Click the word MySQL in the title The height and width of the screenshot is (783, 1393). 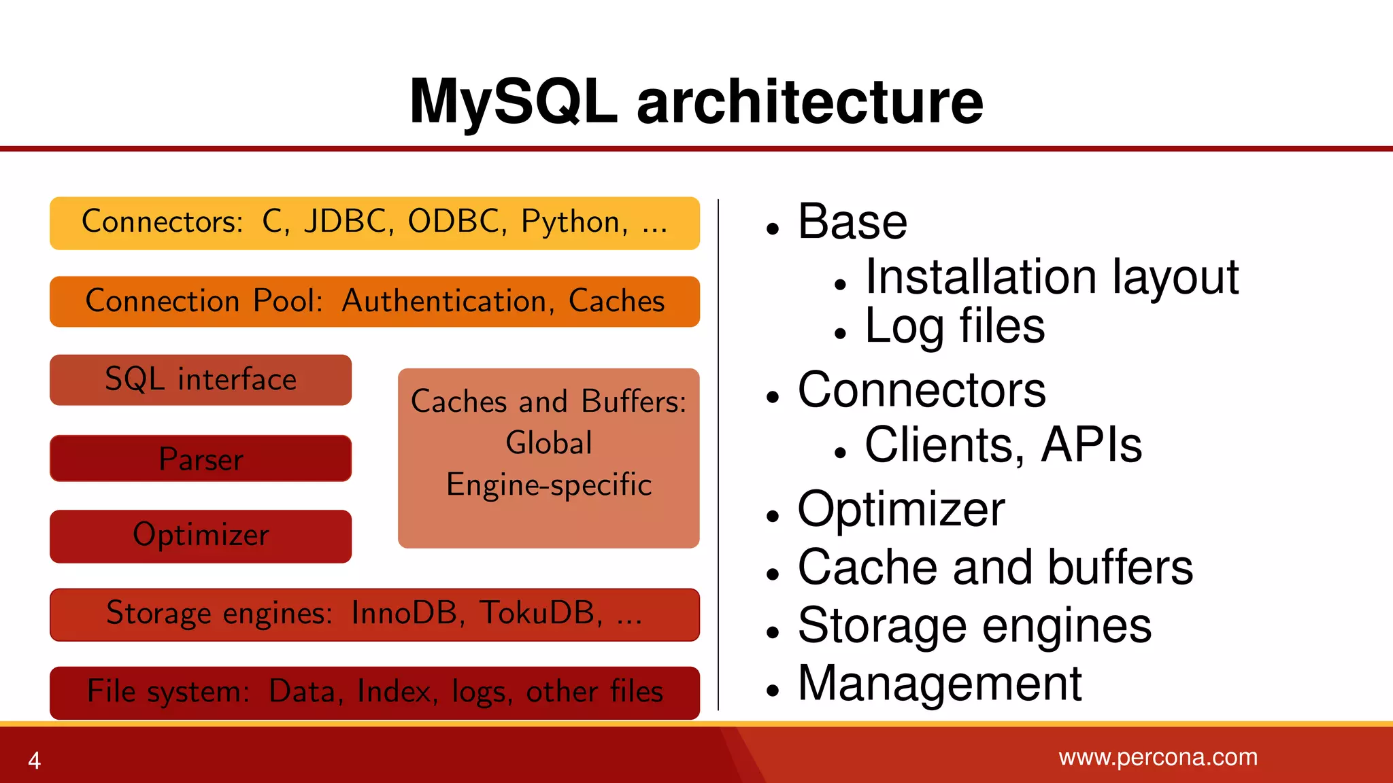(x=514, y=102)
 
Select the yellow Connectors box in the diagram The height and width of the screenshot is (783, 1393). (x=374, y=224)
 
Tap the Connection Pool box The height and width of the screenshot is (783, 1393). (x=374, y=302)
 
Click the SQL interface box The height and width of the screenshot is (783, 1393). (x=201, y=380)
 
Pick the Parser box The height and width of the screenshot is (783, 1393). (x=201, y=459)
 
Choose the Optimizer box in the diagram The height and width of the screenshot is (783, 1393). (x=201, y=536)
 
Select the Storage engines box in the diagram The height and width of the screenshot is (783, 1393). (x=374, y=614)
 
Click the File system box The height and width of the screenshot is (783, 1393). (x=374, y=693)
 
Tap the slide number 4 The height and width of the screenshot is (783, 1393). (x=35, y=760)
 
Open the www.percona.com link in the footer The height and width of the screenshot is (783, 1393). (x=1158, y=757)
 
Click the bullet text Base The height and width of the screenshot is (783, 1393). (x=852, y=222)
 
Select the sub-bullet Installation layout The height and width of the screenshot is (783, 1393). (x=1052, y=277)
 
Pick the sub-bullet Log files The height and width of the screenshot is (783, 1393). (x=954, y=327)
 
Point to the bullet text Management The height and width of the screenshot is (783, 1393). (x=939, y=684)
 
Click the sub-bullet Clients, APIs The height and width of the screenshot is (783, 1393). (x=1003, y=445)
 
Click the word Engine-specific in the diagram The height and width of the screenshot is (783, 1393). (x=549, y=485)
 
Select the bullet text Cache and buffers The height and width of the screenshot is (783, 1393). (x=995, y=568)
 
